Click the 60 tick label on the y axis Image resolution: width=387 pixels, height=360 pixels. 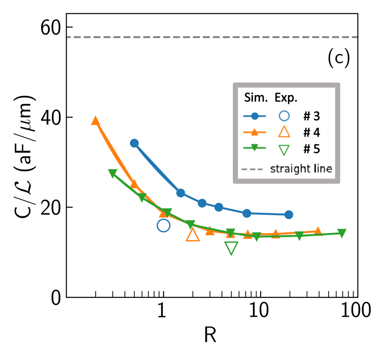[51, 27]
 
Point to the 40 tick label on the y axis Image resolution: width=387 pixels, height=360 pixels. [51, 117]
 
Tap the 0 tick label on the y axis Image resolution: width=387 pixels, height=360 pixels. [56, 297]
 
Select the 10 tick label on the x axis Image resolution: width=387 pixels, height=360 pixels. [259, 310]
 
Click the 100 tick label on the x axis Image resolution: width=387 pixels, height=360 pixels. [356, 310]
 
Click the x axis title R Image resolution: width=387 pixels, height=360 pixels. [210, 335]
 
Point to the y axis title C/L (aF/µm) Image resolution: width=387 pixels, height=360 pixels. [25, 156]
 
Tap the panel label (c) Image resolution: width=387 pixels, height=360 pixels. [339, 58]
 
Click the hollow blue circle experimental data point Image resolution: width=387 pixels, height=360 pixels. [163, 225]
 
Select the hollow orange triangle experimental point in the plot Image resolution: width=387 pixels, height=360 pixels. [193, 235]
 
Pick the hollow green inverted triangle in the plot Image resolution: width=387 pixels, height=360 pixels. [231, 248]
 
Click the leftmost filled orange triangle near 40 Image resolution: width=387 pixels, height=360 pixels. [95, 121]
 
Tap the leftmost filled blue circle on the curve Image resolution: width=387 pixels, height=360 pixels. [134, 143]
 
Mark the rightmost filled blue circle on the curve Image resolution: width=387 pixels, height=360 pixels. [289, 215]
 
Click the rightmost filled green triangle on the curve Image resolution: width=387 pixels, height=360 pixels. [342, 233]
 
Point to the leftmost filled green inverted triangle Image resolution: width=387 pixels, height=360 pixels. [113, 173]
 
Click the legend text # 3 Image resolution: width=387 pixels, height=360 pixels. [312, 116]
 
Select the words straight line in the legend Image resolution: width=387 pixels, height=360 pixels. [301, 169]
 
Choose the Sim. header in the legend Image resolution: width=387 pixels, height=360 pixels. [256, 98]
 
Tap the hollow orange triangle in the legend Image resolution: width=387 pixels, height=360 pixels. [284, 132]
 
